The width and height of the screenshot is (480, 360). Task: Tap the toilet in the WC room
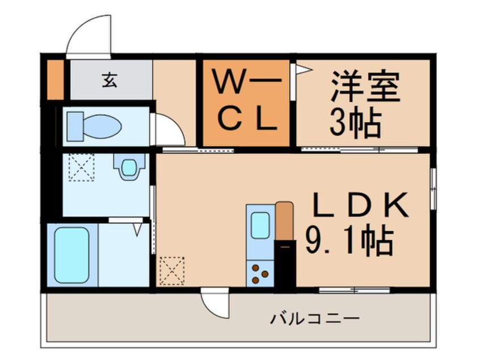point(94,126)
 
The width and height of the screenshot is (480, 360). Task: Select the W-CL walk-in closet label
point(247,103)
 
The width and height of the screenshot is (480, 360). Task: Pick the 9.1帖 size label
point(349,241)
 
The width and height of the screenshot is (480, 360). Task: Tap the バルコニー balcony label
point(314,319)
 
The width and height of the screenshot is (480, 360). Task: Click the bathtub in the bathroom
point(72,255)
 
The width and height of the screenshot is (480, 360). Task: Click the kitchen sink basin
point(260,225)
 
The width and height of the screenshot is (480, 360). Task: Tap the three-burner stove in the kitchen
point(260,274)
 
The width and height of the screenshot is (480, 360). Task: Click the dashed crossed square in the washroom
point(82,168)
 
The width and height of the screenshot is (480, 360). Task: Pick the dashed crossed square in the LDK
point(172,271)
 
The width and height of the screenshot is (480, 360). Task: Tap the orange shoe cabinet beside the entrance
point(56,79)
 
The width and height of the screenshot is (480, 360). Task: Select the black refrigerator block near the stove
point(285,263)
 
